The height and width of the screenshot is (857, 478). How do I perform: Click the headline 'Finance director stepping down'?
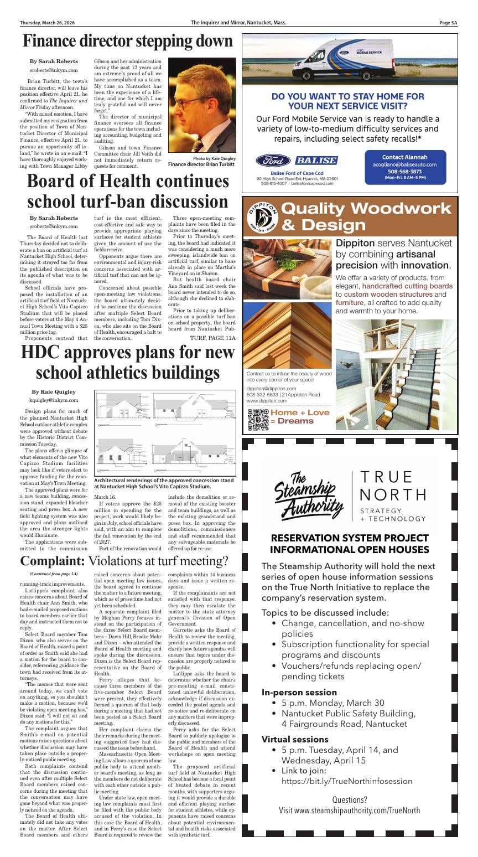tap(128, 42)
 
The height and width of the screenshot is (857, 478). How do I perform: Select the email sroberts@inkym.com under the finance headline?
tap(54, 71)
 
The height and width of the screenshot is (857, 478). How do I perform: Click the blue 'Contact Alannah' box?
tap(404, 166)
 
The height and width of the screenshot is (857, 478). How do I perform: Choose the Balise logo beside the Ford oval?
tap(315, 161)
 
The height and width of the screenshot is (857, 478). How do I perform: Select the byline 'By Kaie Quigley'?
tap(54, 391)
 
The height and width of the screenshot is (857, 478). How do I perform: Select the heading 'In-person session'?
tap(299, 692)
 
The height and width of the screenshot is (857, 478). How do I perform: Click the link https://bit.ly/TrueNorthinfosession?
tap(347, 781)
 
